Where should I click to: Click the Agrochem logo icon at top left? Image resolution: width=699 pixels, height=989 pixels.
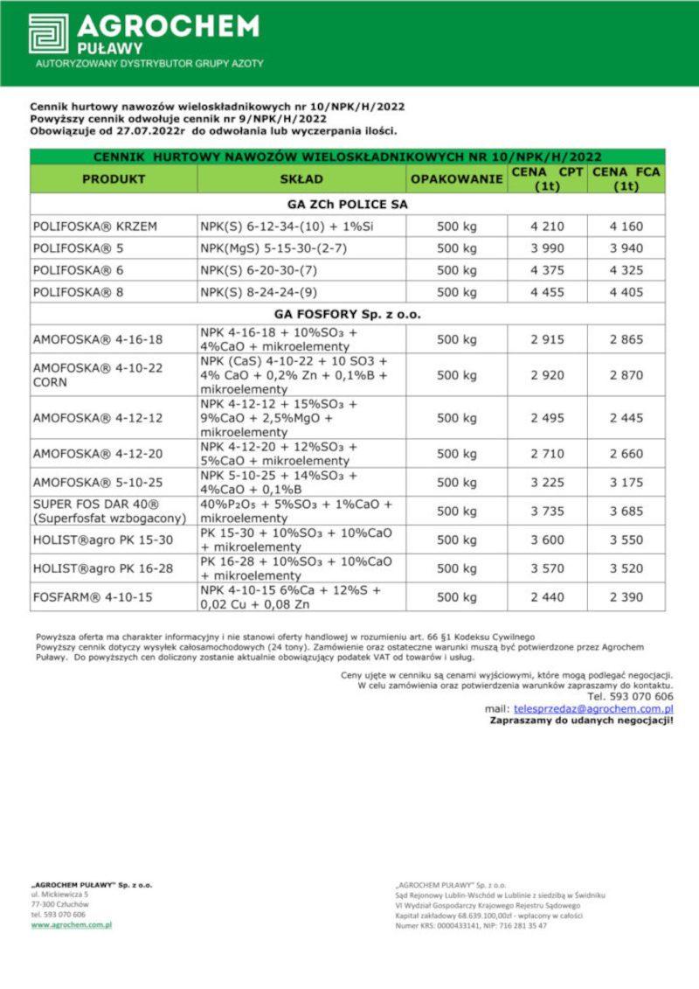[48, 33]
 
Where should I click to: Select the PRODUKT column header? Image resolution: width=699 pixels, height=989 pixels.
[114, 179]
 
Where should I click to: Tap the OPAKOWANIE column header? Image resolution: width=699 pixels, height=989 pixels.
[456, 179]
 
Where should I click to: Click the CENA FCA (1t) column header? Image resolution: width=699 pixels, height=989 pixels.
[626, 179]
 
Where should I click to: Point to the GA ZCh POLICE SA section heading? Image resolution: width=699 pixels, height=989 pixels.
[347, 204]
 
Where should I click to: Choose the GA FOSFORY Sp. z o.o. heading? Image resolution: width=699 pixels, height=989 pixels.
[347, 314]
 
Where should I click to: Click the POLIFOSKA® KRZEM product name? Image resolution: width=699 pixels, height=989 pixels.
[95, 226]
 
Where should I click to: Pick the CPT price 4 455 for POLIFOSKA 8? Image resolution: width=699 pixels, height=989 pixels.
[547, 293]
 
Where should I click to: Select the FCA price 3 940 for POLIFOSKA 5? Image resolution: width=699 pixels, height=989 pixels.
[626, 248]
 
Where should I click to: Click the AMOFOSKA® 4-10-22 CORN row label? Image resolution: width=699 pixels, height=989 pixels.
[98, 375]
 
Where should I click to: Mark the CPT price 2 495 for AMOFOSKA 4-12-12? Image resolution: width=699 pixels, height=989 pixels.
[547, 419]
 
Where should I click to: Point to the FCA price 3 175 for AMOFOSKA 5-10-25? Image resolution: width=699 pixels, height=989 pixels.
[626, 482]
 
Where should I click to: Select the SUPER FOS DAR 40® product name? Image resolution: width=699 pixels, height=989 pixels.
[96, 505]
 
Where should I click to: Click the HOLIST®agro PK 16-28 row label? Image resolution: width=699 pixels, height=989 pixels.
[103, 568]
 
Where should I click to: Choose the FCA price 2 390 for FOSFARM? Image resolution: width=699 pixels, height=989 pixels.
[626, 597]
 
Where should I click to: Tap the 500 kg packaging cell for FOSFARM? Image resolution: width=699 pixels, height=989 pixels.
[456, 597]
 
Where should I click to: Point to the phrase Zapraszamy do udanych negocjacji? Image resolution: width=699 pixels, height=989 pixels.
[582, 721]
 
